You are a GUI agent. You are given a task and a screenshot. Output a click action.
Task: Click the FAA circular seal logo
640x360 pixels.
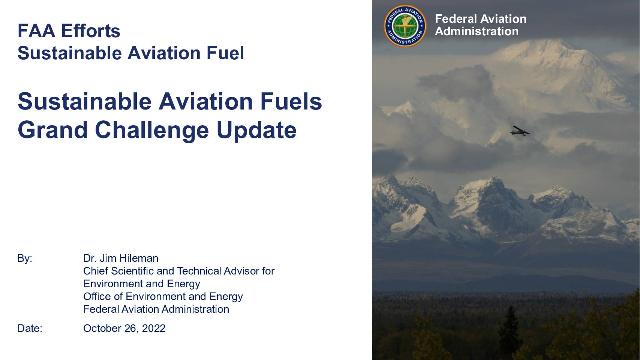point(405,26)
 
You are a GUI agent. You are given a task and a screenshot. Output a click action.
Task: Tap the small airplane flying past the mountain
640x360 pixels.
point(520,131)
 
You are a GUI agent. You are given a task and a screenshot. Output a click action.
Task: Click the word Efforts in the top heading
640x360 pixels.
point(91,31)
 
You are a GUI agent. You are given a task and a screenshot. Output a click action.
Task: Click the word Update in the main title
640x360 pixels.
point(256,130)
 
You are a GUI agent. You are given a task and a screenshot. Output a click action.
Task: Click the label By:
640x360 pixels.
point(25,258)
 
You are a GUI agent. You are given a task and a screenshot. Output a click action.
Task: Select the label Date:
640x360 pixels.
point(30,328)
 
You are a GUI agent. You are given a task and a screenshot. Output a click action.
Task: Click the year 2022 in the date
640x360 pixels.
point(154,328)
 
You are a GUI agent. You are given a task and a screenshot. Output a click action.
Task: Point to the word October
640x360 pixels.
point(102,328)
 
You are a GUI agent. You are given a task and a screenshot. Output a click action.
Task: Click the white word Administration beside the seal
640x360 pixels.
point(477,31)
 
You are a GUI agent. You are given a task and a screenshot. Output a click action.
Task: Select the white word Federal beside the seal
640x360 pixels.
point(456,19)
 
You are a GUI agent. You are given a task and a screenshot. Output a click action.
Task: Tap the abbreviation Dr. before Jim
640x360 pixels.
point(90,258)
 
